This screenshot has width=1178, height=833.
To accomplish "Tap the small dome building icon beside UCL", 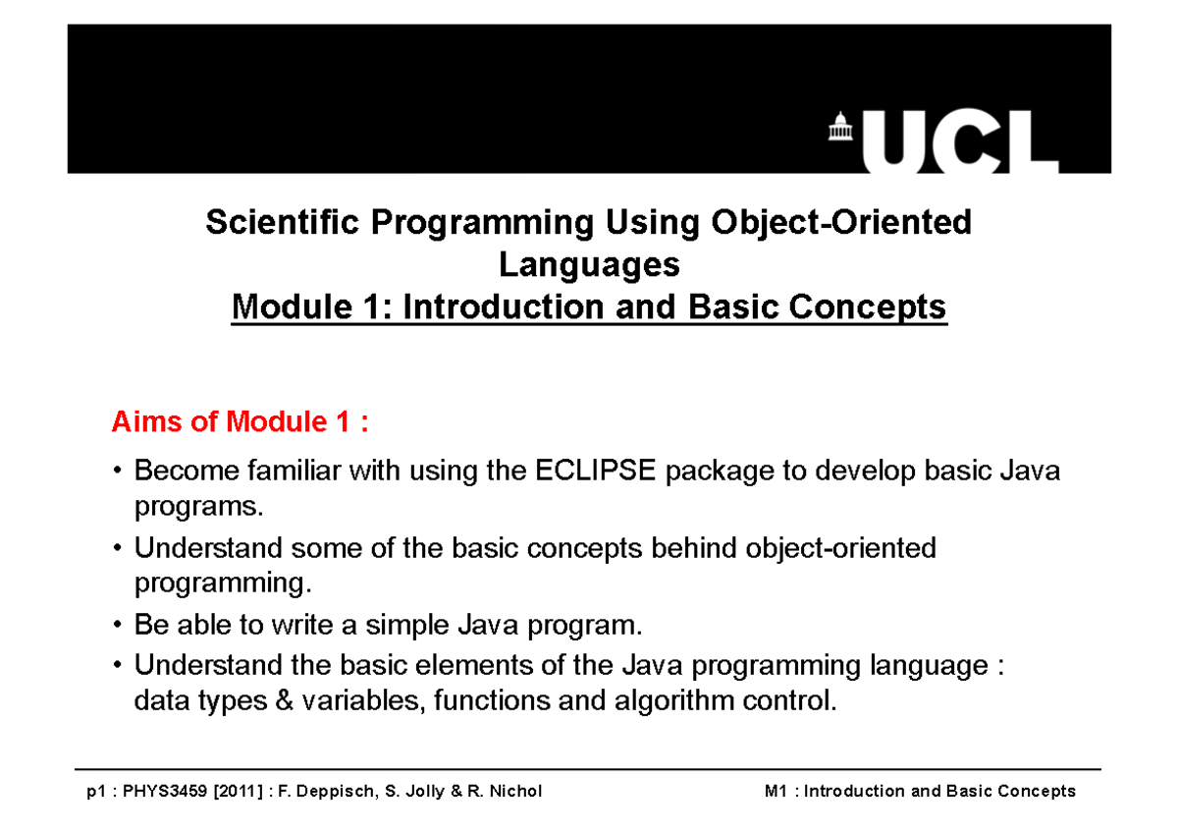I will [x=839, y=127].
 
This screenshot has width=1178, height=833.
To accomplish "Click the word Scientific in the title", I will [x=283, y=223].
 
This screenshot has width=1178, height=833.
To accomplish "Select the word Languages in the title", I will [x=589, y=265].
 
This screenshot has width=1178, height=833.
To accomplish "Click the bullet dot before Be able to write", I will [x=119, y=626].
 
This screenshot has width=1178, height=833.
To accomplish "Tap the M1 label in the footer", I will [x=776, y=792].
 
